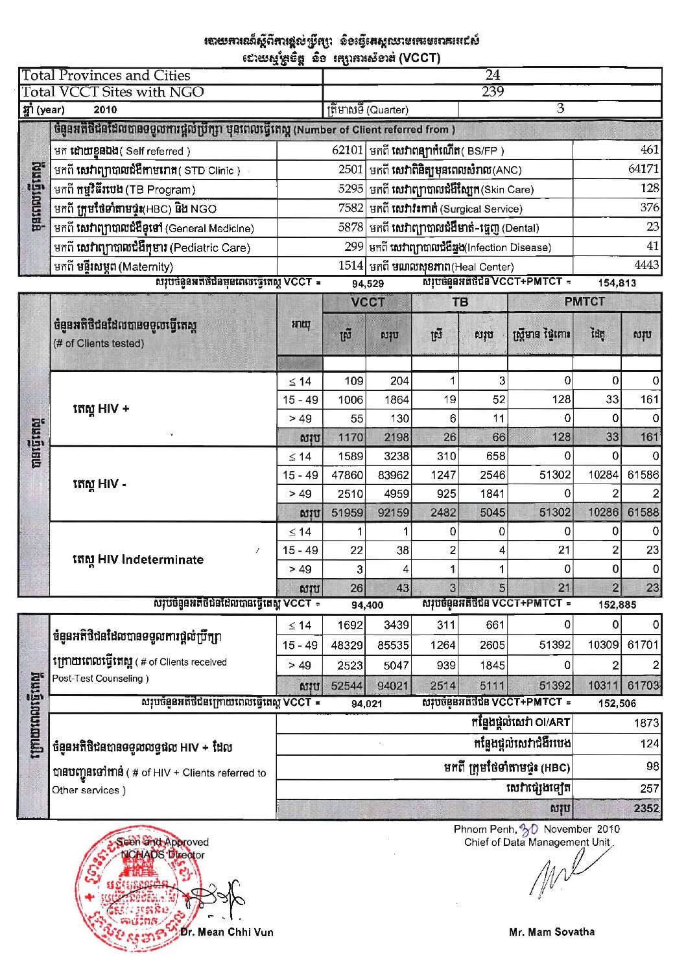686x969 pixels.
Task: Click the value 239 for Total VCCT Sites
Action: tap(492, 92)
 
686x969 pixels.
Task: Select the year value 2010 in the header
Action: tap(105, 110)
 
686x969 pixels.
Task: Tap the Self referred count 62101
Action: tap(347, 150)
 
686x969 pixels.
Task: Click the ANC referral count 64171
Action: tap(643, 169)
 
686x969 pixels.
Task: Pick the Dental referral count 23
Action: tap(652, 227)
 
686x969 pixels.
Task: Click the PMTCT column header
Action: tap(584, 302)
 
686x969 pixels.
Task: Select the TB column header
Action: tap(460, 302)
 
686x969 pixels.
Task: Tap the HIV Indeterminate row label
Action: tap(138, 559)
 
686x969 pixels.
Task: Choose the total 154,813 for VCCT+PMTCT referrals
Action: tap(617, 283)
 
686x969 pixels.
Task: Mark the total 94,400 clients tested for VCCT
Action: tap(368, 605)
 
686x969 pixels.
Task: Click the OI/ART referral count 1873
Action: tap(646, 723)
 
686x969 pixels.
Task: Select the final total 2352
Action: tap(646, 808)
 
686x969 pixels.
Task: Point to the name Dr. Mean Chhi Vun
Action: tap(227, 932)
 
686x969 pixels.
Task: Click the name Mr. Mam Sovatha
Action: tap(552, 932)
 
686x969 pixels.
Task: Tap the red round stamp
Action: tap(130, 888)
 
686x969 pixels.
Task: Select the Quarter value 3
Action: tap(560, 109)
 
